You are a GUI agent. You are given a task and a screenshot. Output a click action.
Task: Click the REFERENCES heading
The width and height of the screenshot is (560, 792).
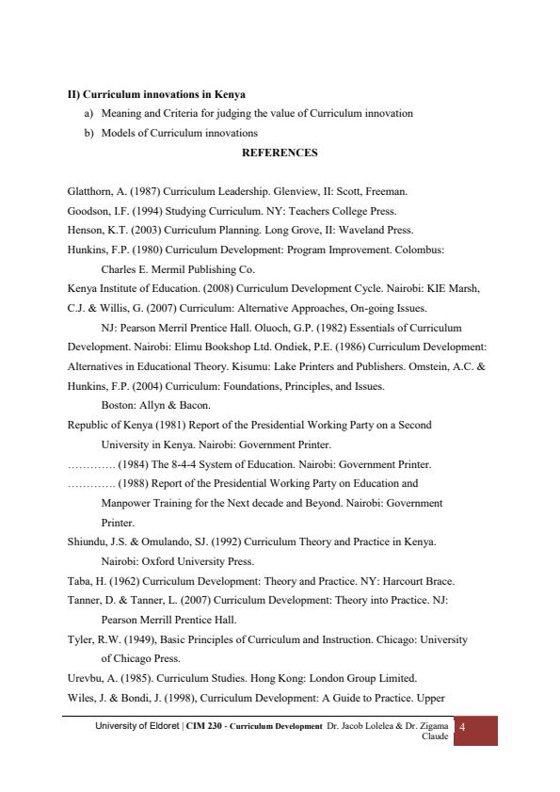click(x=280, y=152)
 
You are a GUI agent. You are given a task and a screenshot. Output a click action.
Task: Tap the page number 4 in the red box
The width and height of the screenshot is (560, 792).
click(x=461, y=727)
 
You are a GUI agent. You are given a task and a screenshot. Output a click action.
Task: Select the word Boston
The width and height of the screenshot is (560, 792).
click(x=117, y=405)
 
